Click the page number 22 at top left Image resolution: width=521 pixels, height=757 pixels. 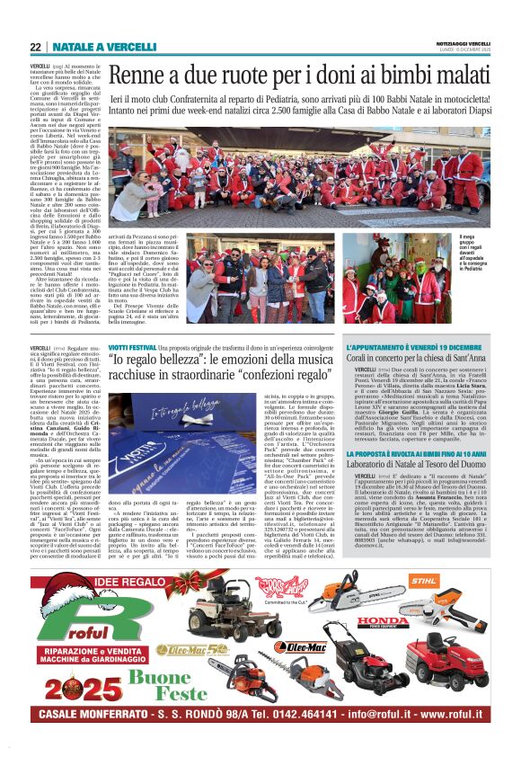point(35,47)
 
